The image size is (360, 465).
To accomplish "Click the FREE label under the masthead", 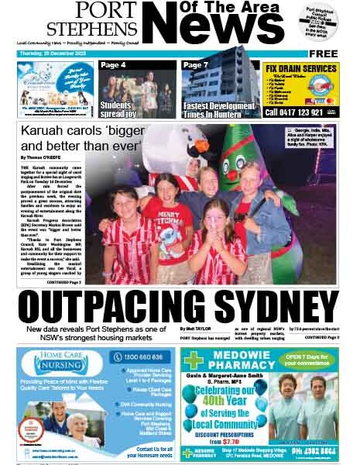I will pyautogui.click(x=324, y=53).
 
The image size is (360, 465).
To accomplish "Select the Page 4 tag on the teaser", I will pyautogui.click(x=113, y=65).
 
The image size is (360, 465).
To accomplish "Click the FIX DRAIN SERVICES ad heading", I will pyautogui.click(x=300, y=69).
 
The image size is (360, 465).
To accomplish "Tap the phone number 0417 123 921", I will pyautogui.click(x=302, y=112).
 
